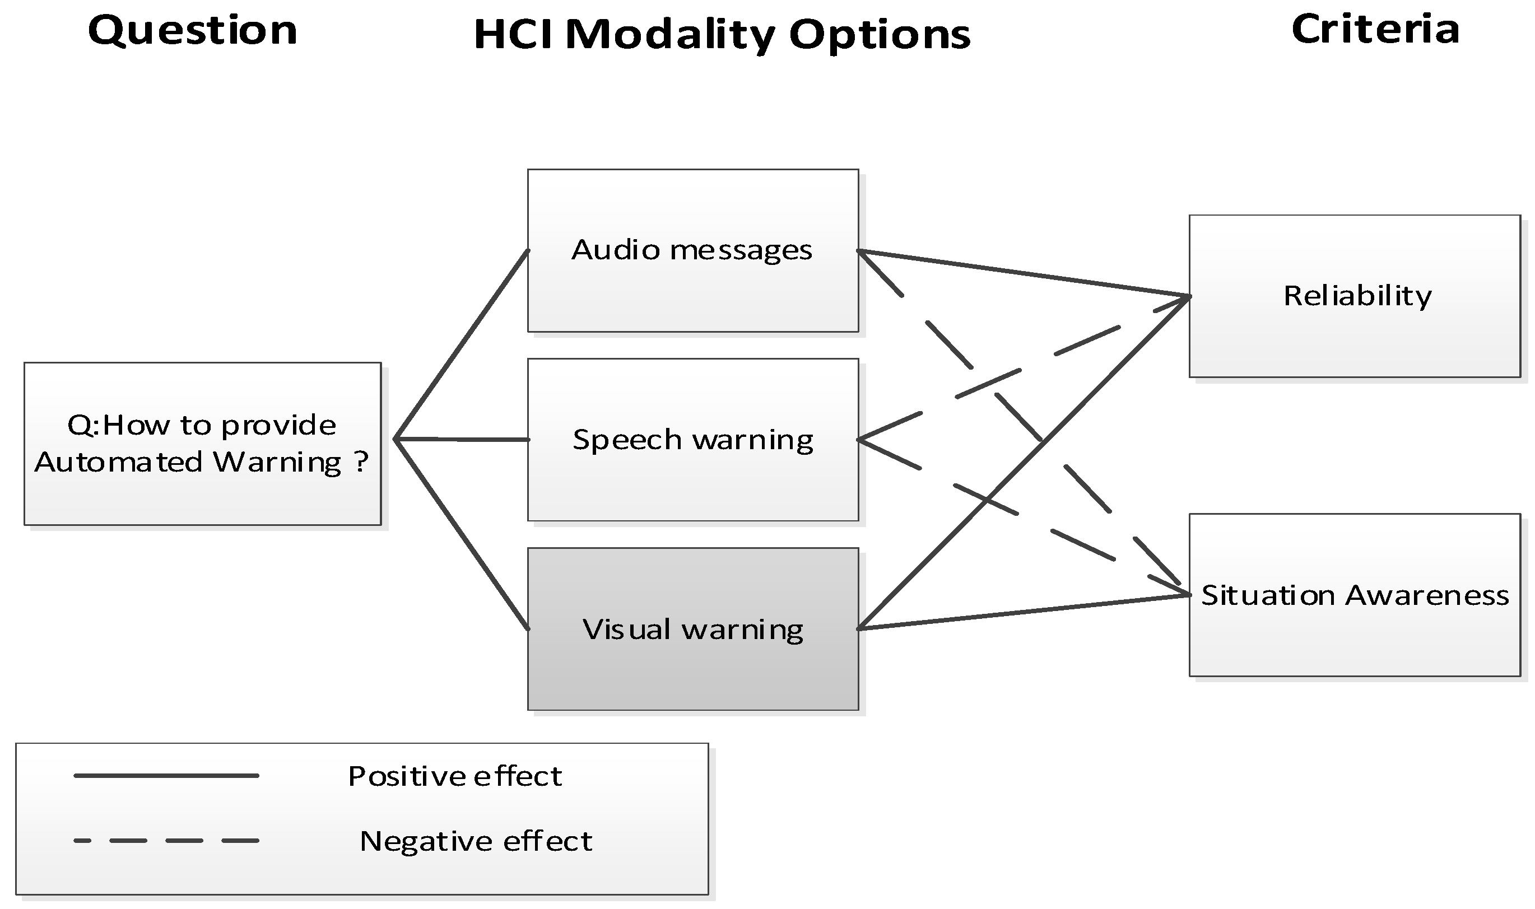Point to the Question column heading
pyautogui.click(x=192, y=30)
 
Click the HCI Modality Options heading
pyautogui.click(x=722, y=34)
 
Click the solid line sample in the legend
pyautogui.click(x=166, y=776)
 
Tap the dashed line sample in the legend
pyautogui.click(x=166, y=841)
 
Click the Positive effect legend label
pyautogui.click(x=454, y=776)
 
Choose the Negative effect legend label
pyautogui.click(x=476, y=841)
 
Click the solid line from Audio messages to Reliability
pyautogui.click(x=1023, y=273)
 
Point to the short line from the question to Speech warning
pyautogui.click(x=462, y=439)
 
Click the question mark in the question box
pyautogui.click(x=361, y=462)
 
